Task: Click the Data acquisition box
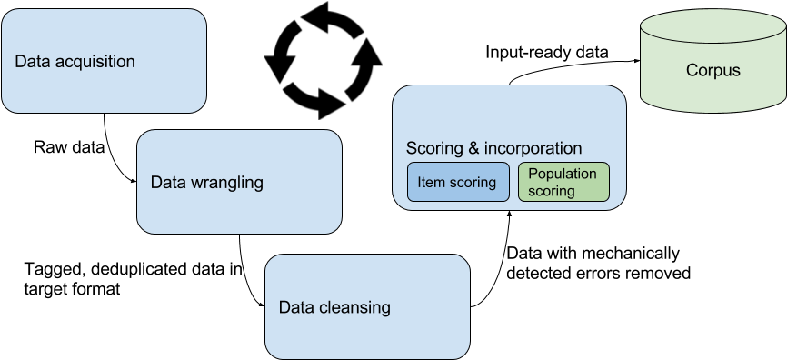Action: point(104,61)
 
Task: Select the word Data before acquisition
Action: point(32,62)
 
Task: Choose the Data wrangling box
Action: point(239,182)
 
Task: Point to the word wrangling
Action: point(227,183)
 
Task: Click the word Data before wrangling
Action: point(168,183)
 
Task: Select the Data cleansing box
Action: point(367,306)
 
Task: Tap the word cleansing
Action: point(355,307)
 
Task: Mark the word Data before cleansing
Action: point(296,307)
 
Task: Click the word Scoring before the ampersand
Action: point(433,148)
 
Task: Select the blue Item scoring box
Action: point(457,182)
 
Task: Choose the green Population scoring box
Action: point(563,182)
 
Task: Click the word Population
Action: point(563,174)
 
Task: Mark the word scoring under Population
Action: point(552,191)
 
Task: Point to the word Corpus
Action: point(712,70)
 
